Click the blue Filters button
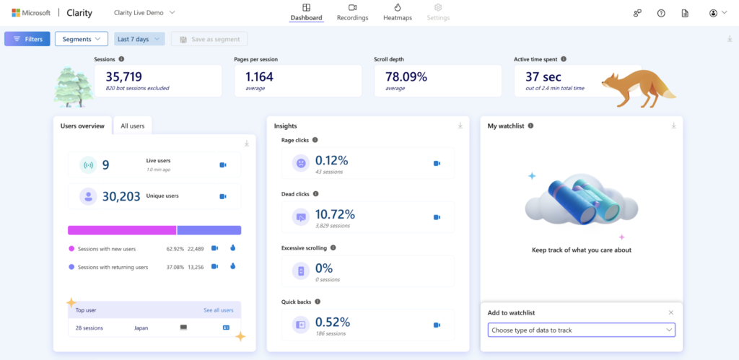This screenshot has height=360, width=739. (x=27, y=39)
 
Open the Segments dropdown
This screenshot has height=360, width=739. (x=81, y=39)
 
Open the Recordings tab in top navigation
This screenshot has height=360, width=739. (x=352, y=12)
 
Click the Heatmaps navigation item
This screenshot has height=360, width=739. (x=398, y=12)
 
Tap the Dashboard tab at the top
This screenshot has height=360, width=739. (x=306, y=12)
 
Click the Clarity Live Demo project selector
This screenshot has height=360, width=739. (x=144, y=13)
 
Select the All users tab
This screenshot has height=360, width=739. (x=132, y=126)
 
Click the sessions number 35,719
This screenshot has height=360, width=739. (x=123, y=76)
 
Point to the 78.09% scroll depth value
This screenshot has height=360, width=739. (x=406, y=76)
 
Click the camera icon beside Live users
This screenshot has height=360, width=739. (x=223, y=165)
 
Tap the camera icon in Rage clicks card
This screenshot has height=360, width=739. (x=437, y=163)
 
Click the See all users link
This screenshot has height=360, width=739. (x=218, y=310)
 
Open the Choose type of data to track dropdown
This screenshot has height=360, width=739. (x=581, y=330)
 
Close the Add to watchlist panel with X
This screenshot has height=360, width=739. (x=670, y=312)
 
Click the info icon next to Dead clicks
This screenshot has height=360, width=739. (x=316, y=194)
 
